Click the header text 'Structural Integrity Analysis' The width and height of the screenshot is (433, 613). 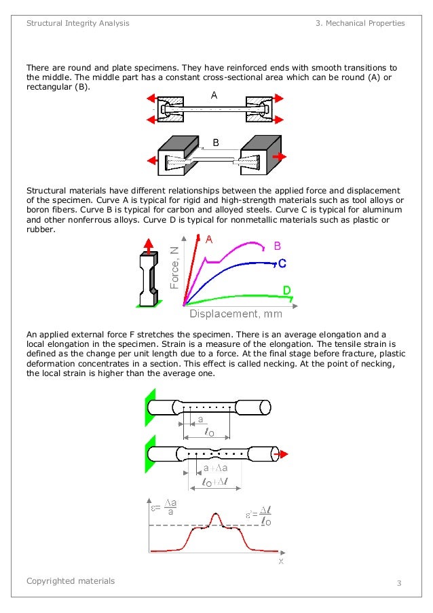coord(77,23)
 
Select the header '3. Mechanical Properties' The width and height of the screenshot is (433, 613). coord(360,23)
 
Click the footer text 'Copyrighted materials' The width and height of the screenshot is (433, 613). coord(71,581)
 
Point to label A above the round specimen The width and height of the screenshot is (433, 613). coord(214,96)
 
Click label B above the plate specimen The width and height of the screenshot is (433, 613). coord(216,143)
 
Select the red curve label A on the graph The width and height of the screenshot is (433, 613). coord(209,240)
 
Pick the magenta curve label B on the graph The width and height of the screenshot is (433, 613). coord(277,246)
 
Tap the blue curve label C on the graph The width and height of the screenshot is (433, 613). coord(282,263)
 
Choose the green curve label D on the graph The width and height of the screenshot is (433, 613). coord(287,291)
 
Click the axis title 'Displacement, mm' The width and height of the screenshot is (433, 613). coord(236,314)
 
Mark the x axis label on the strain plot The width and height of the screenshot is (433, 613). coord(280,561)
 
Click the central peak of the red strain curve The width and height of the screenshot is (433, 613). coord(216,515)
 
